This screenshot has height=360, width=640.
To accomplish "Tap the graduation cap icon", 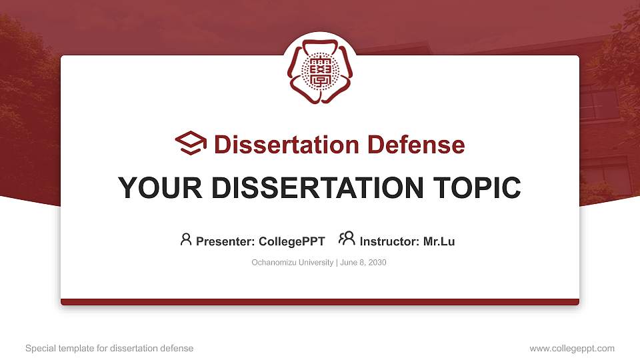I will (191, 143).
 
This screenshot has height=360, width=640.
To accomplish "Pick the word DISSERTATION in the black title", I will (317, 188).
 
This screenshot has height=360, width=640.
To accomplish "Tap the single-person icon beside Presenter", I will (186, 239).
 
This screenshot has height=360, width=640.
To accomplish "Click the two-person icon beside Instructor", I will (347, 239).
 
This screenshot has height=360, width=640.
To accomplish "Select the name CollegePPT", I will (292, 241).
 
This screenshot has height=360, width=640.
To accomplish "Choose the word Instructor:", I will (390, 241).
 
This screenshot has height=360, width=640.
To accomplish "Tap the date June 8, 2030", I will (363, 263).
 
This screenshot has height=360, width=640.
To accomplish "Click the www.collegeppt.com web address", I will (572, 349).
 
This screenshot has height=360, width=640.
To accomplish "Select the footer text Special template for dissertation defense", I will (109, 349).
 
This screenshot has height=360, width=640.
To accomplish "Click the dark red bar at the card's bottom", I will (320, 302).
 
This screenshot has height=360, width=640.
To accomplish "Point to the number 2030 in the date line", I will (377, 263).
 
